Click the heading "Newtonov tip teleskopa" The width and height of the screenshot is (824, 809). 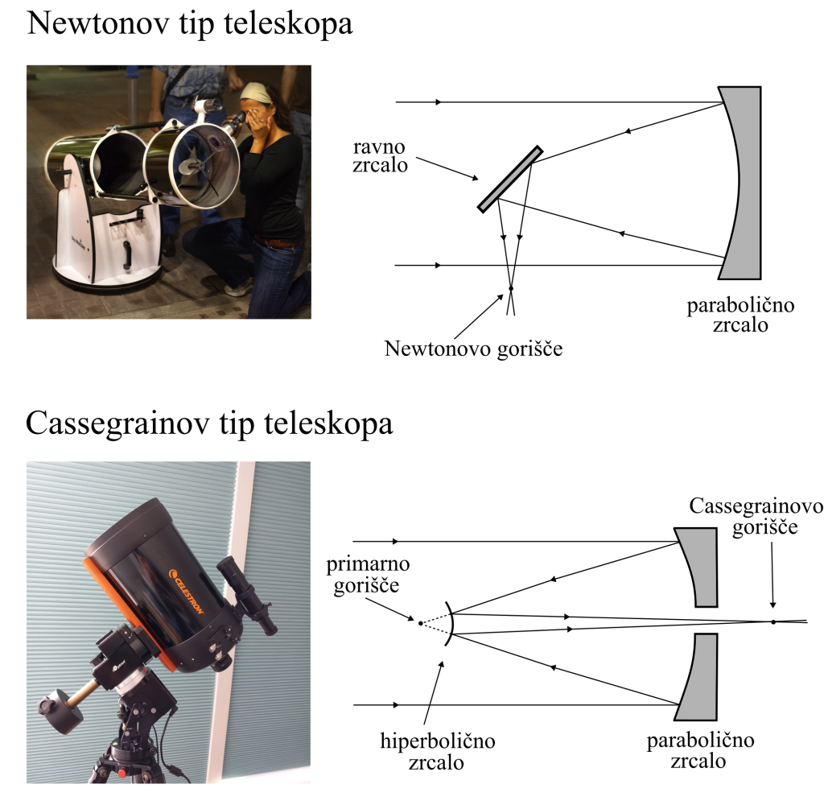190,23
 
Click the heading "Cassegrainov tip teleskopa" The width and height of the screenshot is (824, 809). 209,423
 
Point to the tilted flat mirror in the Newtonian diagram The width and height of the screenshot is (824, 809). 509,180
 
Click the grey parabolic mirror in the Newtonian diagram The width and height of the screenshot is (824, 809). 745,181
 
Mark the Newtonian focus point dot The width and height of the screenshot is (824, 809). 510,288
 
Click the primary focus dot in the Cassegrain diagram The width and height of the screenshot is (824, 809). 420,621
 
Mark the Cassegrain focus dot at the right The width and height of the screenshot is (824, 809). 772,621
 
